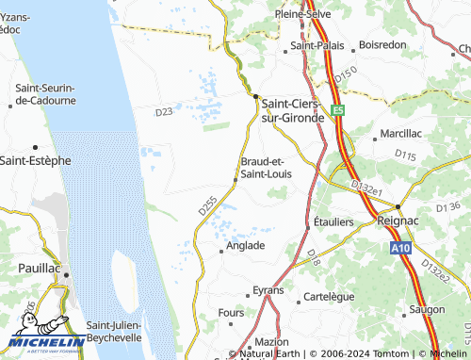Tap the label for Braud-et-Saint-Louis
pos(267,167)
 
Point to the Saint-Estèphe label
pos(35,160)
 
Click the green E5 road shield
pos(338,109)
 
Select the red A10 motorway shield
pos(400,247)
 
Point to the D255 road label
pos(208,205)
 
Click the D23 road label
pos(164,112)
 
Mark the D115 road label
pos(406,154)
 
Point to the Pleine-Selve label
pos(301,15)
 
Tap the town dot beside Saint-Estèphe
pos(35,147)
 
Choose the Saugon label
pos(427,309)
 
